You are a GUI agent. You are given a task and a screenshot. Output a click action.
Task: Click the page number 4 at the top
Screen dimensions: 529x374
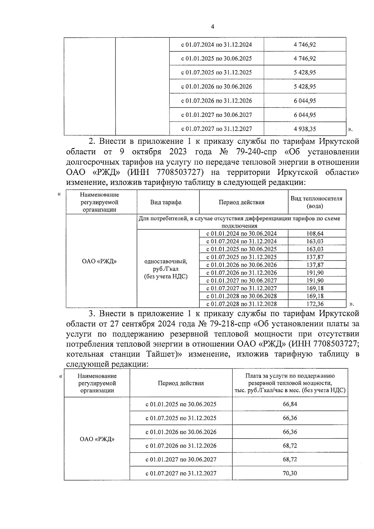point(213,27)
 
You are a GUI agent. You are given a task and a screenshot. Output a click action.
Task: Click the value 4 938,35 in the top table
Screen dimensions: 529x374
point(304,129)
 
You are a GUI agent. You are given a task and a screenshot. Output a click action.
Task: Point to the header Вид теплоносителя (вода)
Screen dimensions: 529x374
point(316,202)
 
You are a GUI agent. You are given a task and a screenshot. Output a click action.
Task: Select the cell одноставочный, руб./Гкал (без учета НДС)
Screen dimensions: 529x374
point(166,269)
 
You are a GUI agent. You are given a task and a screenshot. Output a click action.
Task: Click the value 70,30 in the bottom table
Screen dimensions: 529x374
point(290,473)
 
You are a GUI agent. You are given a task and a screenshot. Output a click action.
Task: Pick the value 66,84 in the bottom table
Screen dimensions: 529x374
point(290,404)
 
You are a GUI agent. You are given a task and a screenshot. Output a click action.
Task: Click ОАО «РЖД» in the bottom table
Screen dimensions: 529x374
point(97,439)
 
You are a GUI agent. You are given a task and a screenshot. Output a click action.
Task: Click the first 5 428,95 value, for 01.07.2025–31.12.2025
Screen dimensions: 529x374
point(304,72)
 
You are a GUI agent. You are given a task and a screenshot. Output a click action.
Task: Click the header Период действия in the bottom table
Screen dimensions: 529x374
point(181,383)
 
